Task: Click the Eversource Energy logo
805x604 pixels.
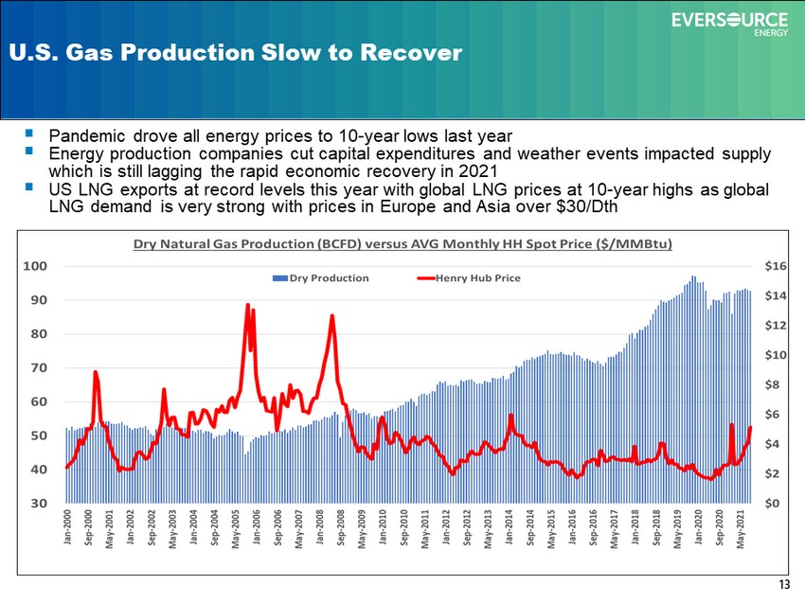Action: click(729, 24)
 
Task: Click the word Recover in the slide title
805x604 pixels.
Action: click(411, 52)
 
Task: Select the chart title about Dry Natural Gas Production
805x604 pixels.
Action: click(402, 243)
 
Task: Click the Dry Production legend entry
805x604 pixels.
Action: click(321, 278)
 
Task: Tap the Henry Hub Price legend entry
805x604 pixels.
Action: click(469, 278)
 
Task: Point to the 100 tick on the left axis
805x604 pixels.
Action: click(35, 266)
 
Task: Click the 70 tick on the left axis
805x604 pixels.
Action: click(39, 367)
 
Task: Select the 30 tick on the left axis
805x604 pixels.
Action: click(39, 503)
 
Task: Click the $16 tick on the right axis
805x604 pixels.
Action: click(776, 266)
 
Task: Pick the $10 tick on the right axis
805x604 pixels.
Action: click(776, 355)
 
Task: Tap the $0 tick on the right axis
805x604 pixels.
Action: click(772, 503)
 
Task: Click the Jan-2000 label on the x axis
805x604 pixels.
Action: click(68, 527)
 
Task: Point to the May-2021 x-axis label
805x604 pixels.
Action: click(740, 529)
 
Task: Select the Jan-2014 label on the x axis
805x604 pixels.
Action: click(509, 527)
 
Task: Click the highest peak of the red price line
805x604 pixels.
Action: click(248, 305)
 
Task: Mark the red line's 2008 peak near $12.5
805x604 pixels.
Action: click(332, 316)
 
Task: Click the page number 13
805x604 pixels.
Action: click(784, 584)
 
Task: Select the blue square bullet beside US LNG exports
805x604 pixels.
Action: click(28, 187)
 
